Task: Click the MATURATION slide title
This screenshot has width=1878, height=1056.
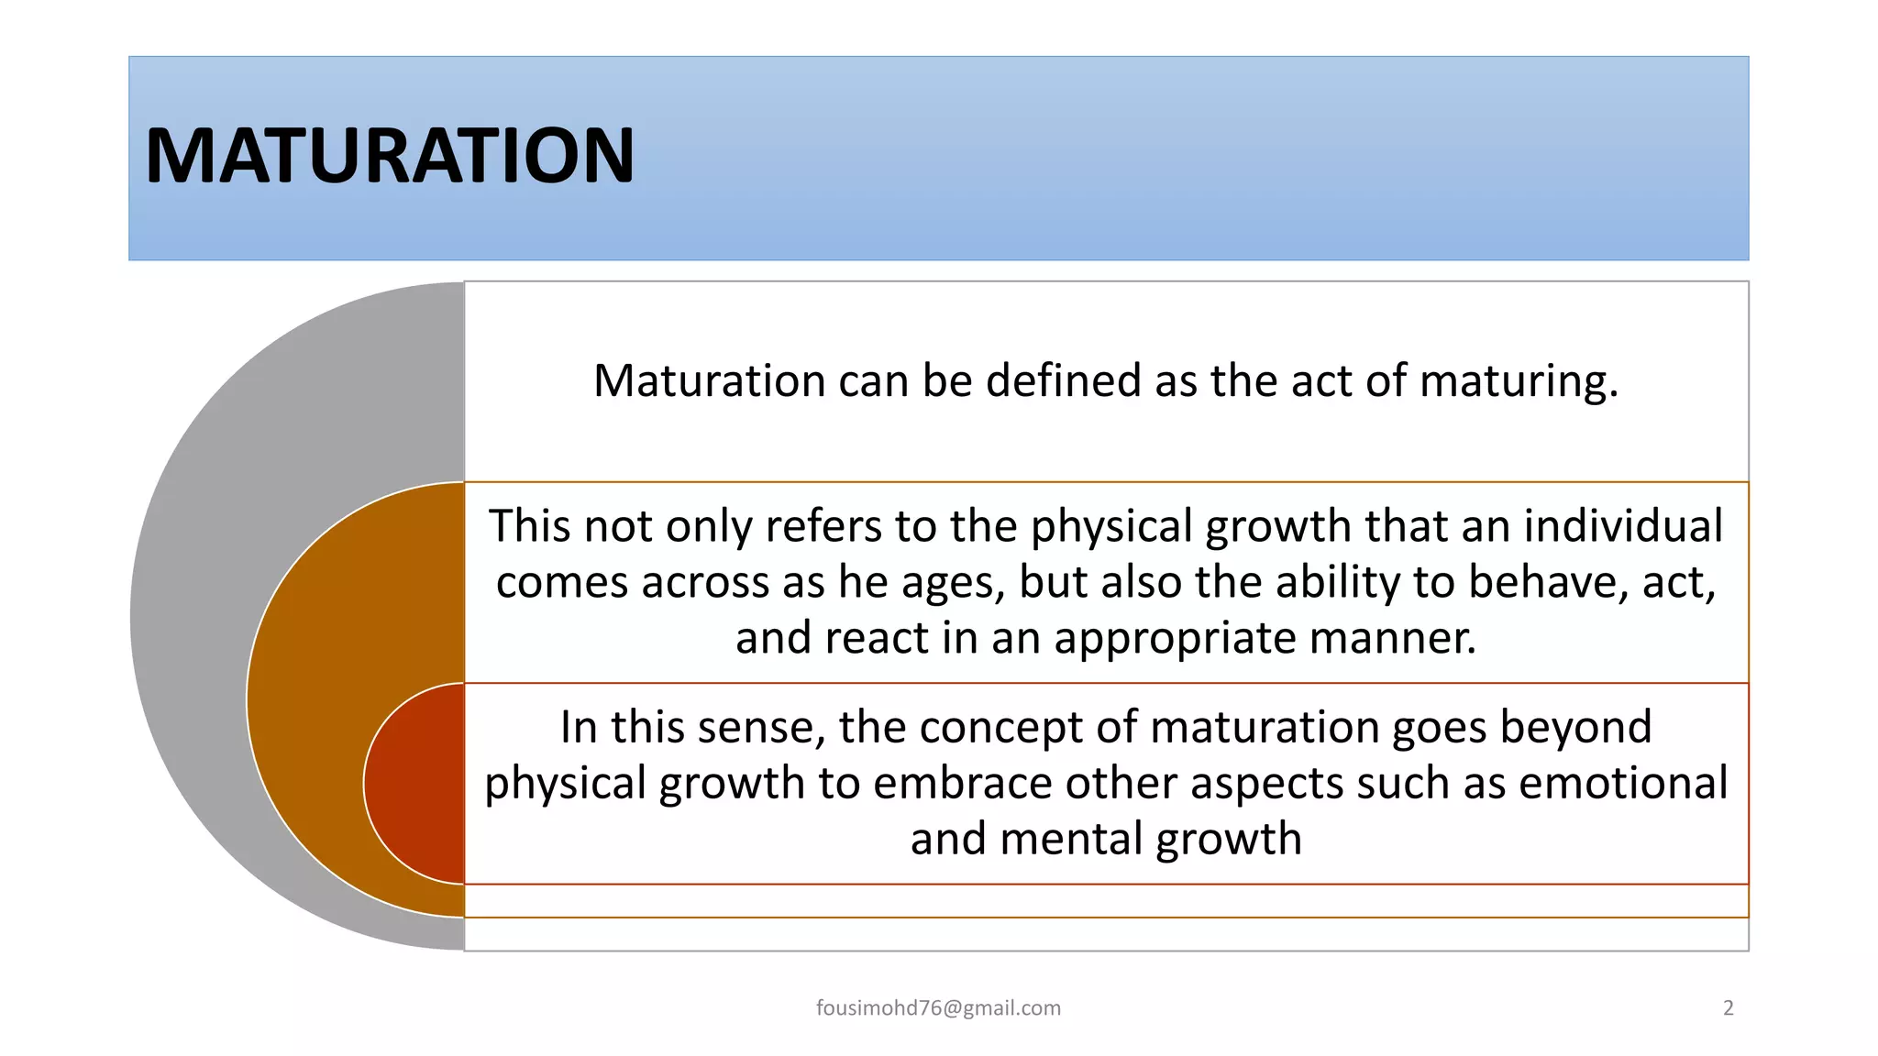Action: click(389, 156)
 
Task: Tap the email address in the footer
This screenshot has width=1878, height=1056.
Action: click(938, 1008)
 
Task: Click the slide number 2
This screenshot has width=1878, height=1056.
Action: click(1729, 1008)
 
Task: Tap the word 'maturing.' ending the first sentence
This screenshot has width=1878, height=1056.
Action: click(1519, 380)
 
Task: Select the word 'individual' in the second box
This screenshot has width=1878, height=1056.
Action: click(1623, 526)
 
